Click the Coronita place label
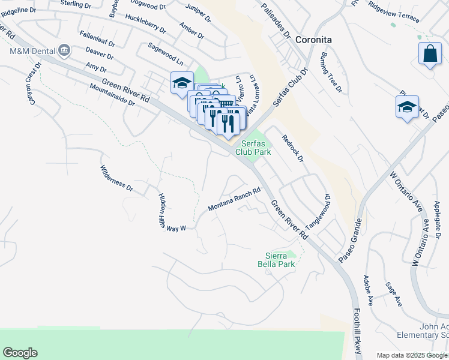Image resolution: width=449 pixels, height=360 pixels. [x=313, y=40]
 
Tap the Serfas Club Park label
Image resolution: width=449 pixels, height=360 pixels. [x=256, y=148]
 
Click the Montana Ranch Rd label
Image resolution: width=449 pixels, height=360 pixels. [x=234, y=200]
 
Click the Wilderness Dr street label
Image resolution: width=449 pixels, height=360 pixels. [x=116, y=178]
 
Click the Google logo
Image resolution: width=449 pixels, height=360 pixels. [x=20, y=353]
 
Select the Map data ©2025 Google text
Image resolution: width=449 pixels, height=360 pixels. [x=411, y=355]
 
